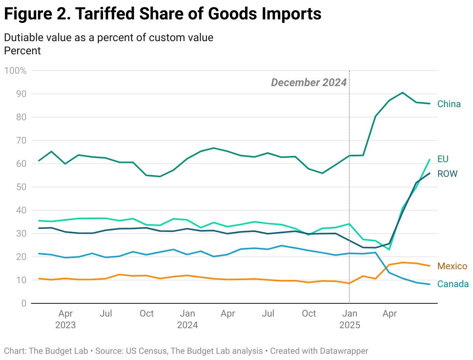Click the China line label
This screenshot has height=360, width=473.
(449, 104)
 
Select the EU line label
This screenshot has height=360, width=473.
(443, 159)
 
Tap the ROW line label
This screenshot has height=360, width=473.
(447, 174)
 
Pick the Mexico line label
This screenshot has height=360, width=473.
(452, 266)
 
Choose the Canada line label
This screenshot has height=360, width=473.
(453, 284)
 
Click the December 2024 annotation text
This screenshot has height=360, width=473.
(309, 82)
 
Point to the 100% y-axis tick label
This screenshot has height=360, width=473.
(15, 71)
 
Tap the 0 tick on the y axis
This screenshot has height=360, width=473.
(24, 303)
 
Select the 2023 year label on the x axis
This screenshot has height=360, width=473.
(66, 325)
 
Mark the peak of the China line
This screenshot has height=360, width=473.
(402, 93)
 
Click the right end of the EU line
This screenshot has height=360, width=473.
(430, 159)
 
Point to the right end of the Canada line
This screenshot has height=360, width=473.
(430, 284)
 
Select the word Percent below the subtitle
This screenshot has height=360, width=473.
(22, 50)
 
